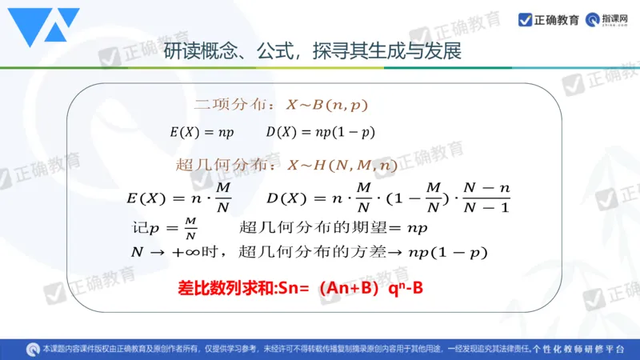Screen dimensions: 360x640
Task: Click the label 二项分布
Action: (234, 105)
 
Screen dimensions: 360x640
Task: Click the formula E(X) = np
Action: (200, 132)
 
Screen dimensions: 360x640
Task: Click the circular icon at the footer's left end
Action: (33, 349)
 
